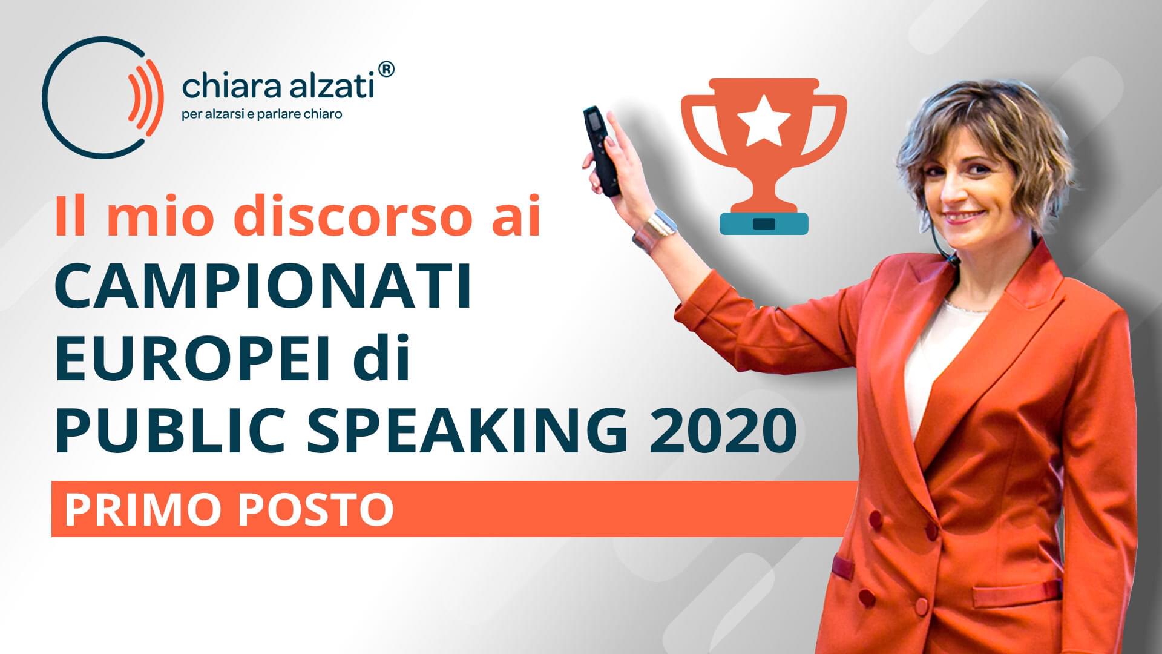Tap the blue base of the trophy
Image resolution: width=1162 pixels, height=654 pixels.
pyautogui.click(x=764, y=223)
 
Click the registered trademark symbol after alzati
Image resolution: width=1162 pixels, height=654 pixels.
pyautogui.click(x=386, y=69)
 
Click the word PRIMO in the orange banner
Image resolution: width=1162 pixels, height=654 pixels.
pyautogui.click(x=145, y=509)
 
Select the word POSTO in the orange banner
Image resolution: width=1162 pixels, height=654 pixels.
pyautogui.click(x=315, y=509)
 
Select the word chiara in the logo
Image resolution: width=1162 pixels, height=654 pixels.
pyautogui.click(x=230, y=87)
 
